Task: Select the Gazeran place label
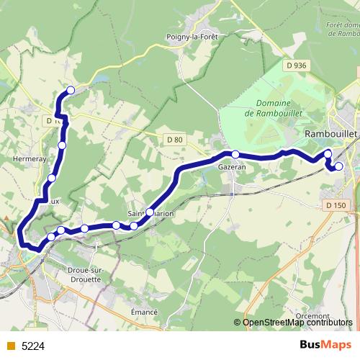232,166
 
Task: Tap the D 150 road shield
336,205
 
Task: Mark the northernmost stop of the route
71,90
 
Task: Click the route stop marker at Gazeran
235,154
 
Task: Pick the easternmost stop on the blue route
339,166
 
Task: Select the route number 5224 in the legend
33,346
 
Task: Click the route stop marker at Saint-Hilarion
149,212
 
